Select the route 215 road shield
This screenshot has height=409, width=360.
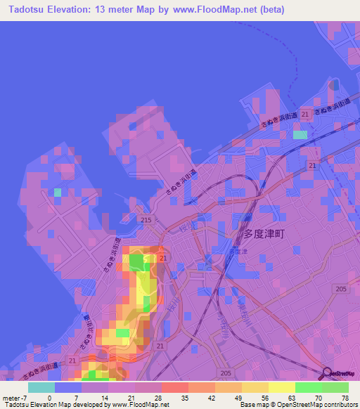coord(146,221)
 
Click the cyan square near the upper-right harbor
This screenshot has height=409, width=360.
coord(300,134)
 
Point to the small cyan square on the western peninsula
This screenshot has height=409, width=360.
coord(58,192)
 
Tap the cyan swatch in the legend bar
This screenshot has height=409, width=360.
coord(41,387)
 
